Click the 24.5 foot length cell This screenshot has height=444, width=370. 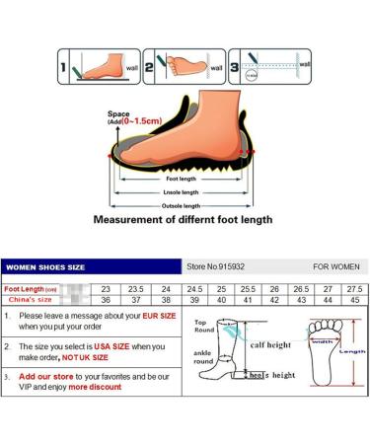point(195,288)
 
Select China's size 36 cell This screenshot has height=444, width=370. point(107,299)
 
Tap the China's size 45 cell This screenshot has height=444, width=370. point(352,299)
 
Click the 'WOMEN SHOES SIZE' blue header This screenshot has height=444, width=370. point(46,265)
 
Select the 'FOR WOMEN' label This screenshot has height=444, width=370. point(335,265)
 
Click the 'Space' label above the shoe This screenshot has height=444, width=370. point(117,114)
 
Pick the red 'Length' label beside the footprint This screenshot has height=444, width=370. point(351,349)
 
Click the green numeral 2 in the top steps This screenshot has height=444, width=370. point(150,68)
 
